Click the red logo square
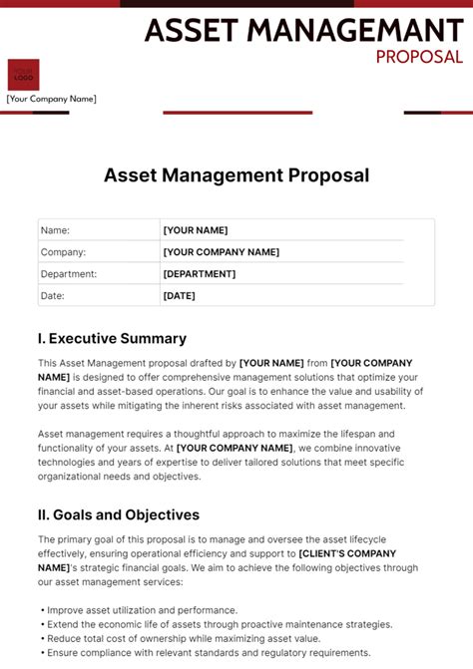23,76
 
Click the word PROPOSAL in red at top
419,57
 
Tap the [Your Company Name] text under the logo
52,99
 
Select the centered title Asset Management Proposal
236,175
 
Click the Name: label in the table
55,230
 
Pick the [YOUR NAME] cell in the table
196,230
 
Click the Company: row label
63,252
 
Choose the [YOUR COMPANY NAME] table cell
221,252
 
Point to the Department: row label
69,274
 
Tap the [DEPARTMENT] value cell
200,274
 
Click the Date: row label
52,296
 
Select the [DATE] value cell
180,296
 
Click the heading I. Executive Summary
112,339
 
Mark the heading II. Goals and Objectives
119,515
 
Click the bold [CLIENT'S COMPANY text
347,553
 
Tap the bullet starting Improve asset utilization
141,610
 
